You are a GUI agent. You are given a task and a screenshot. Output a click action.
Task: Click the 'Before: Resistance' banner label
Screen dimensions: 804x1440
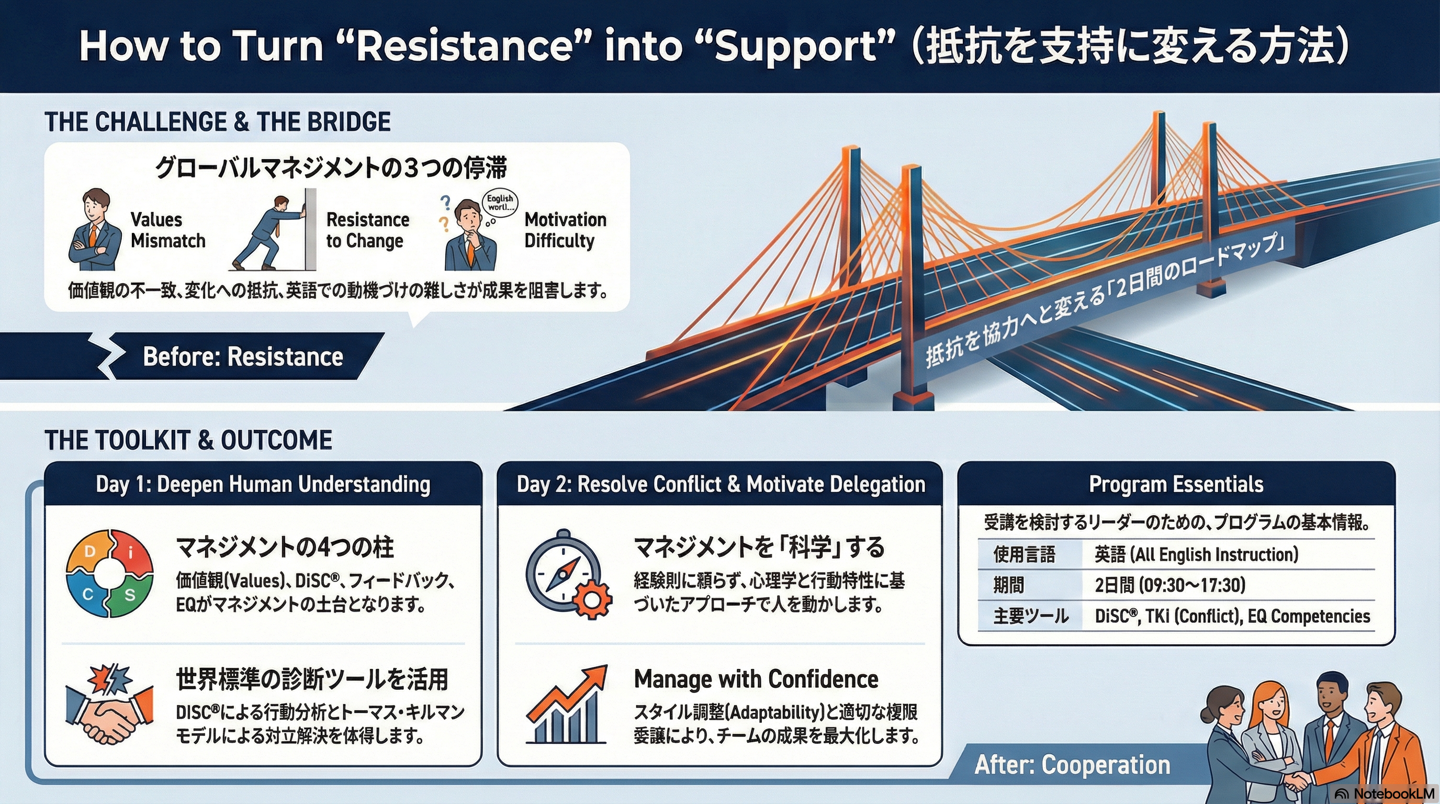(x=243, y=356)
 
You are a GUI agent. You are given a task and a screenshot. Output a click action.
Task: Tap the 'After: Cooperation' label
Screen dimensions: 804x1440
(x=1072, y=765)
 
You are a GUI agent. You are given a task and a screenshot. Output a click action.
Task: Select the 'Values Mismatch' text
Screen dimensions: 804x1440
(x=167, y=230)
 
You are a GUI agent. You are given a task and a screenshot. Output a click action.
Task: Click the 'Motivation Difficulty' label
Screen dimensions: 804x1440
(x=565, y=230)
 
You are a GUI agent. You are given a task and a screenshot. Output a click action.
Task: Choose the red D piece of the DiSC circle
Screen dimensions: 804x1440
(x=89, y=552)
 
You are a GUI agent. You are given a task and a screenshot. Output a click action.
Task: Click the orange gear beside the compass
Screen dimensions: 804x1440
(x=592, y=600)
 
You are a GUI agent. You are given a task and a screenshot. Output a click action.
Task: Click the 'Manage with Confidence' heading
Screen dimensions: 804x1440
(x=756, y=679)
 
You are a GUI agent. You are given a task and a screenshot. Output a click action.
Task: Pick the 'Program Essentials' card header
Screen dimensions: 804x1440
(x=1176, y=484)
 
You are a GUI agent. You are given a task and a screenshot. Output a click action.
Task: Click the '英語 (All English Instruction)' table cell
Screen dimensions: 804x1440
(x=1196, y=555)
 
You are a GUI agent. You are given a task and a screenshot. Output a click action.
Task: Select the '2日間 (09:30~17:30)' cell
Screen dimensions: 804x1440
(x=1170, y=585)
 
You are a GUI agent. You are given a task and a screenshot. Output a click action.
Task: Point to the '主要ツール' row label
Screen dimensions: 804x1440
(x=1030, y=616)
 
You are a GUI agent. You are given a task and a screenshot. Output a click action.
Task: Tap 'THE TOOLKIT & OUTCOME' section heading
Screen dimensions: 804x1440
(x=188, y=441)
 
